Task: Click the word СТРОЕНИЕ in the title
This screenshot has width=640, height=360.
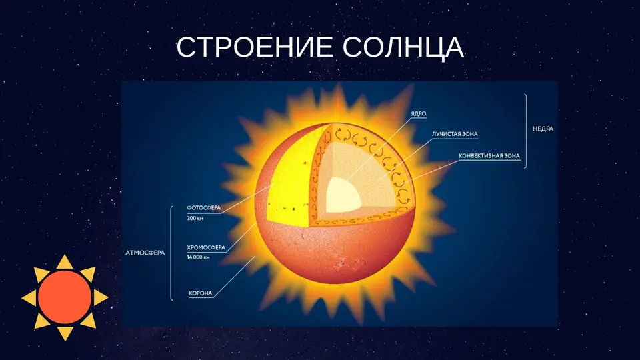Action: click(255, 47)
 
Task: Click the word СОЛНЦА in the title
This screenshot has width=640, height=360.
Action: click(403, 47)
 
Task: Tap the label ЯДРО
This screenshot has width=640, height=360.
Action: click(419, 114)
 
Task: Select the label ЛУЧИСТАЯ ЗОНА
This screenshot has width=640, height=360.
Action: click(455, 134)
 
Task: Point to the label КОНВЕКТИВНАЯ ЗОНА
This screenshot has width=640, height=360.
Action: click(489, 156)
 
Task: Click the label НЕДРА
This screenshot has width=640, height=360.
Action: click(543, 129)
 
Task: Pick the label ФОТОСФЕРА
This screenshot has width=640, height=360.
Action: click(204, 208)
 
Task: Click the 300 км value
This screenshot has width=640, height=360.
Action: click(195, 219)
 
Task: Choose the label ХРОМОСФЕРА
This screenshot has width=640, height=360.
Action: click(206, 248)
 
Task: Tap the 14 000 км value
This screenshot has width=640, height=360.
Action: click(199, 257)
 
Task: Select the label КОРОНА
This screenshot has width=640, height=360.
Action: click(201, 293)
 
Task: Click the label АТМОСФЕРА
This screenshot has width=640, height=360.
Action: click(145, 253)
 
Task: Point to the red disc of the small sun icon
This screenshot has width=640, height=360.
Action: click(65, 297)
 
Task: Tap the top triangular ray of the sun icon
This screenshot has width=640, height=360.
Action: click(65, 262)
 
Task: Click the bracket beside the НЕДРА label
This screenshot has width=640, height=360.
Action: click(526, 131)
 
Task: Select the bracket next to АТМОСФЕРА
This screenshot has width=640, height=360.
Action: click(171, 253)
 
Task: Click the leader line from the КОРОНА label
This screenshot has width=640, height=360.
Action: click(234, 277)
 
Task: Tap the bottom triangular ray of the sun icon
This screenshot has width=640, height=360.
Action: click(65, 333)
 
